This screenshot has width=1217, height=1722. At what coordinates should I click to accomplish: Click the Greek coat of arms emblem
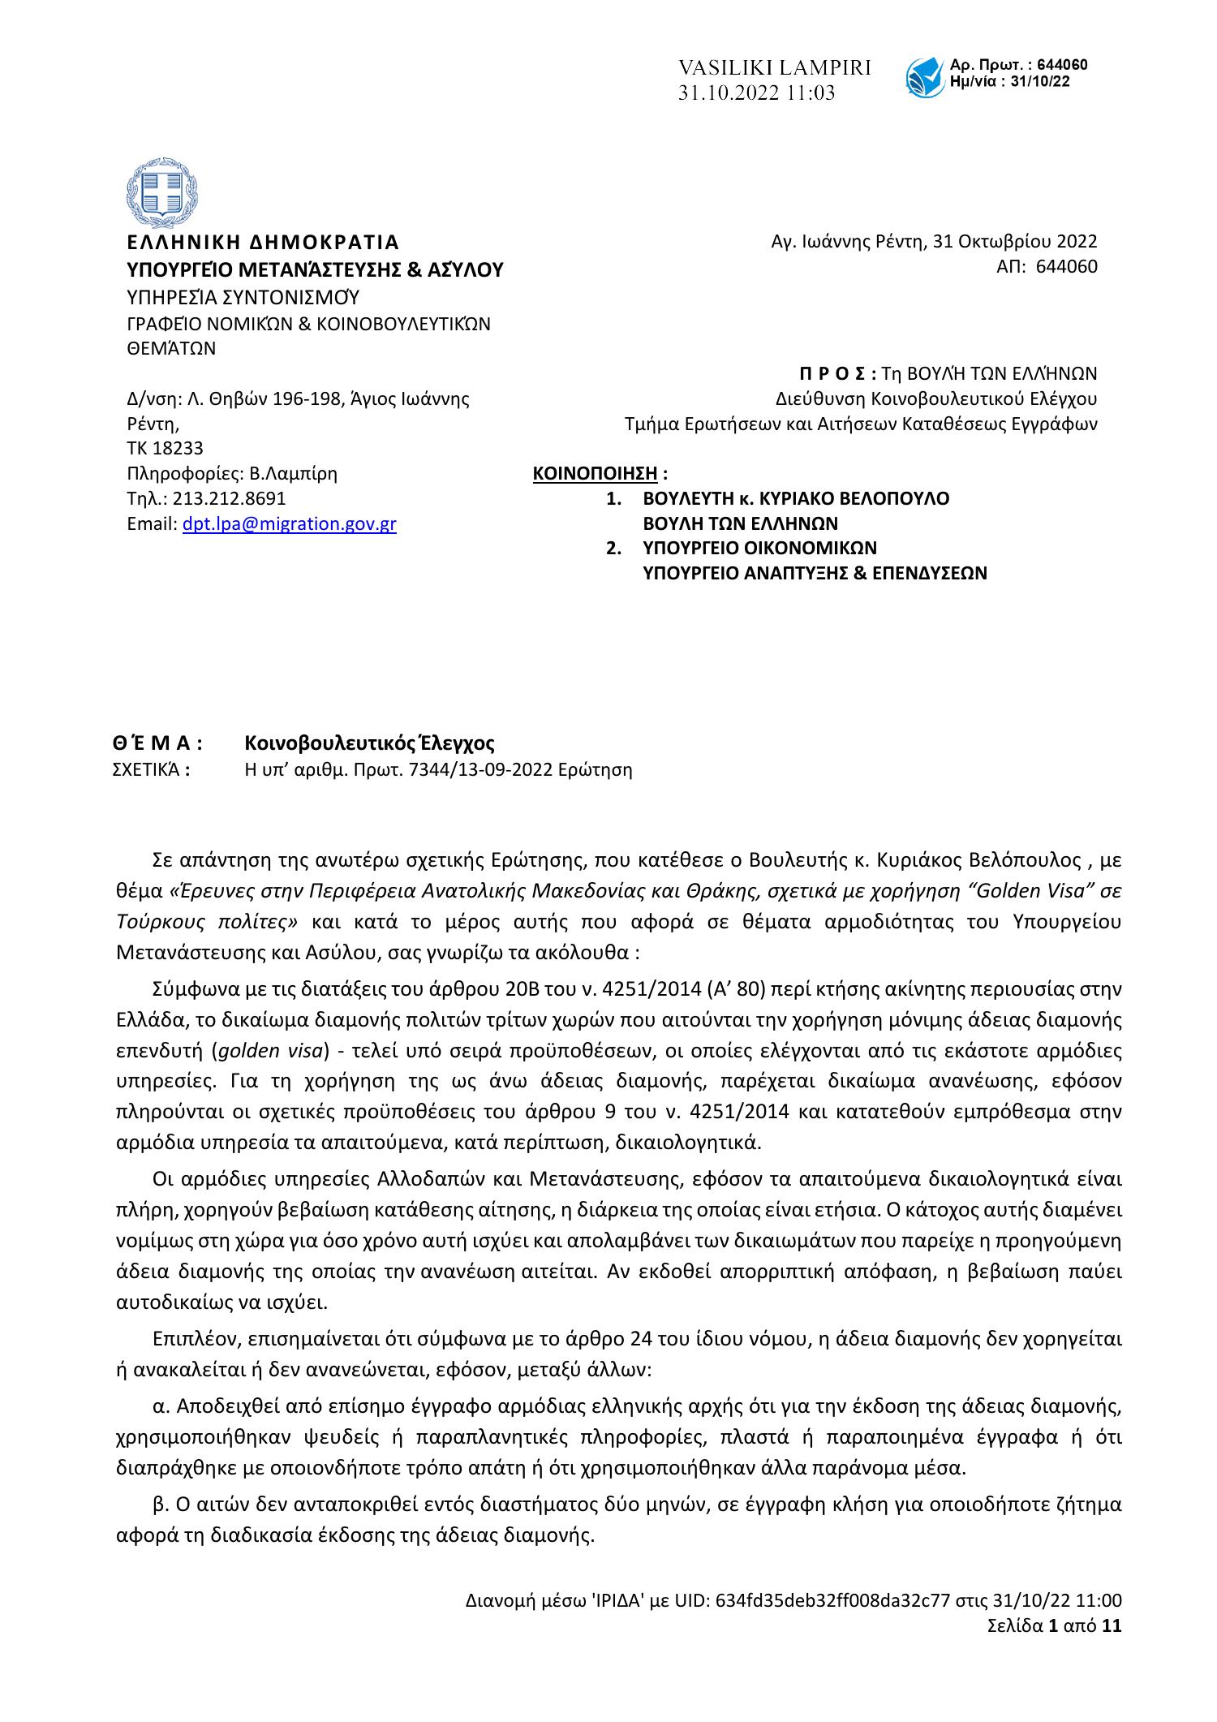coord(162,193)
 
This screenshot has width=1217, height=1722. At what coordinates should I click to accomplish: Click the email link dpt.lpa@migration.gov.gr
coord(290,524)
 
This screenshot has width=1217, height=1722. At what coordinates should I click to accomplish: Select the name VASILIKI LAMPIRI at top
coord(774,68)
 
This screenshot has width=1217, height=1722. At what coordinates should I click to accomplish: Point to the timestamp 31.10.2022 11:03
coord(756,94)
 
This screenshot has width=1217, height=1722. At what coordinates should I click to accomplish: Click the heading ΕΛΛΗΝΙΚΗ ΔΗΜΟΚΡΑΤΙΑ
coord(264,243)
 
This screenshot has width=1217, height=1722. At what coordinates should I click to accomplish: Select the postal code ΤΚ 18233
coord(166,448)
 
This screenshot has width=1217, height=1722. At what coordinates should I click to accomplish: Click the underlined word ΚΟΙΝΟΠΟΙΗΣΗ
coord(595,473)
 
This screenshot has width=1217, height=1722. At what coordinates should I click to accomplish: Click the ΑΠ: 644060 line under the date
coord(1047,267)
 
